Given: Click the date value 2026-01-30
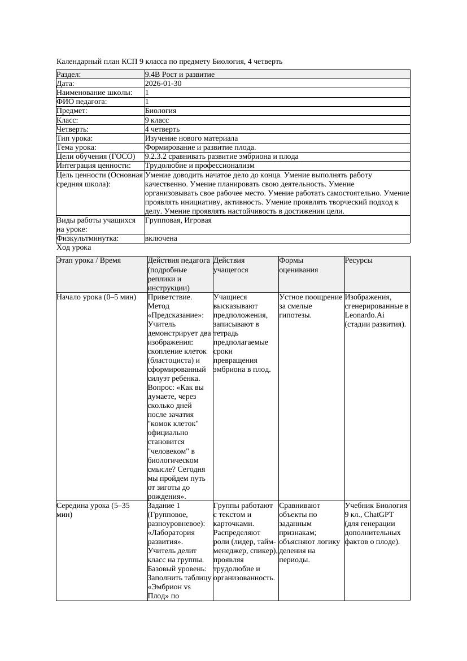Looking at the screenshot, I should [x=163, y=84].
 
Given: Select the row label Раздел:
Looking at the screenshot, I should [x=69, y=75].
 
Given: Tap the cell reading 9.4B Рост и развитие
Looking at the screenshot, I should [x=180, y=75].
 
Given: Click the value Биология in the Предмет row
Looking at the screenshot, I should [x=160, y=111].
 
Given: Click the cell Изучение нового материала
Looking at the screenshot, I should [x=191, y=138].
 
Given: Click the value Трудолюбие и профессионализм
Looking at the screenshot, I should [x=199, y=166].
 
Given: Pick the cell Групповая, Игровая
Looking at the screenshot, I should [x=178, y=220].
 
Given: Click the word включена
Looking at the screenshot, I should [x=161, y=238].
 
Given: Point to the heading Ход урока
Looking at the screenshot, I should [x=74, y=247].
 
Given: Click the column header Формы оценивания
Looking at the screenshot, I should [x=298, y=265].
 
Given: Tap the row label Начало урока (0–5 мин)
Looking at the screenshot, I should [x=97, y=297].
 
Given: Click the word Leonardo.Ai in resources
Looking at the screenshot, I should [x=364, y=315].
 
